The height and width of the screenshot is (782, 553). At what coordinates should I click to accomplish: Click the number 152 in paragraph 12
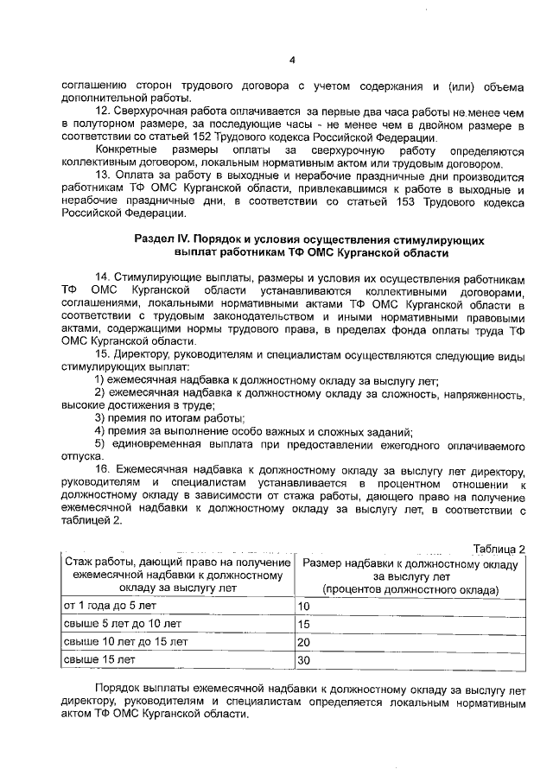pyautogui.click(x=233, y=139)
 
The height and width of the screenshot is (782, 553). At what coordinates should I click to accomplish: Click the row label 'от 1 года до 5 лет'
pyautogui.click(x=109, y=606)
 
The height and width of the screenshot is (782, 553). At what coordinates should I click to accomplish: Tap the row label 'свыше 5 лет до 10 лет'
pyautogui.click(x=118, y=624)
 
